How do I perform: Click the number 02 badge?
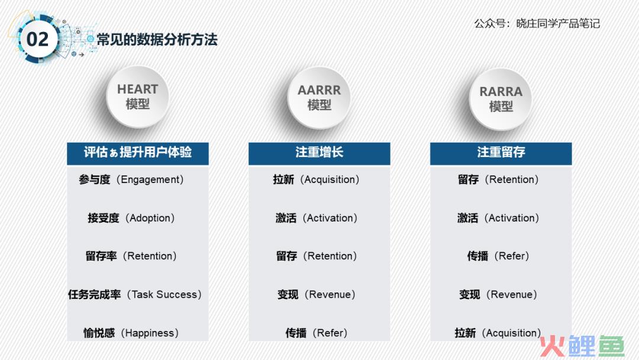(x=37, y=40)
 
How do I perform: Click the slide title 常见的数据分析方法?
(x=157, y=40)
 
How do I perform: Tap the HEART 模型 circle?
(x=137, y=97)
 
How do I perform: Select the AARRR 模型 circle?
(x=319, y=98)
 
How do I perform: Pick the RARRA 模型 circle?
(x=501, y=99)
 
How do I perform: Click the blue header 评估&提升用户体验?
(x=138, y=153)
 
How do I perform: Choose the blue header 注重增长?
(x=319, y=153)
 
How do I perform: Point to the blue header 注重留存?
(x=501, y=153)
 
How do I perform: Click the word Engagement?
(x=150, y=180)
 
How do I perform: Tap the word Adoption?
(x=150, y=218)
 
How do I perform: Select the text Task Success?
(x=164, y=294)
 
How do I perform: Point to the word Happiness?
(x=150, y=333)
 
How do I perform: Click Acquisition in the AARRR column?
(x=330, y=180)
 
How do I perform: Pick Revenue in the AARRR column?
(x=330, y=294)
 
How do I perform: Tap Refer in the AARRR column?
(x=330, y=333)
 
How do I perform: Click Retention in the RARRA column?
(x=511, y=180)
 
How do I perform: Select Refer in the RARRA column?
(x=511, y=256)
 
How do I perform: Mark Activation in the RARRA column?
(x=511, y=218)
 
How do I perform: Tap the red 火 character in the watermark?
(x=552, y=346)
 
